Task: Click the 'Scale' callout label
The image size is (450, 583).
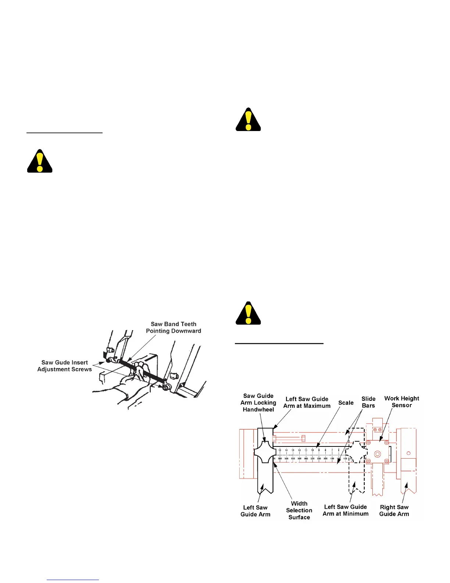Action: [346, 403]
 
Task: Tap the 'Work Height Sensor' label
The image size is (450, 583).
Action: [401, 402]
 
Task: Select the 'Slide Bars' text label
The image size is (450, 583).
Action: [368, 402]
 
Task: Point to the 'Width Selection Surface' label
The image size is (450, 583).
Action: [299, 510]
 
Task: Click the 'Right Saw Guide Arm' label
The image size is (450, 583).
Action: [394, 510]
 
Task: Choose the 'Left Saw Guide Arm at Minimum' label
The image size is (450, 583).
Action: [346, 510]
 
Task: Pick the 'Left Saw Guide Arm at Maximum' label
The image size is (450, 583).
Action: [307, 402]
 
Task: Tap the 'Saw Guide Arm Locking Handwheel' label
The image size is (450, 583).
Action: [258, 403]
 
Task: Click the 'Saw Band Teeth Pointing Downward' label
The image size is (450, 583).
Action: [174, 327]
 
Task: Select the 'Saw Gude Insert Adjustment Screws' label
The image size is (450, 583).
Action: [65, 366]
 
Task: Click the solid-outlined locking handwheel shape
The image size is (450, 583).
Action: [265, 452]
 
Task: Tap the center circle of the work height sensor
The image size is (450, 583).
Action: [377, 454]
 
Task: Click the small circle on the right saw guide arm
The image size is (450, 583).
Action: [408, 453]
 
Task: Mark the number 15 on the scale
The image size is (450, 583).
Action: [280, 450]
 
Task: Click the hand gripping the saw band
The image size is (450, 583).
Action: [140, 370]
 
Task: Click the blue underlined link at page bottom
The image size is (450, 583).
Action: [73, 580]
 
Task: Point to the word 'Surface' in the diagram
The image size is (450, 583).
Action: [299, 517]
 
